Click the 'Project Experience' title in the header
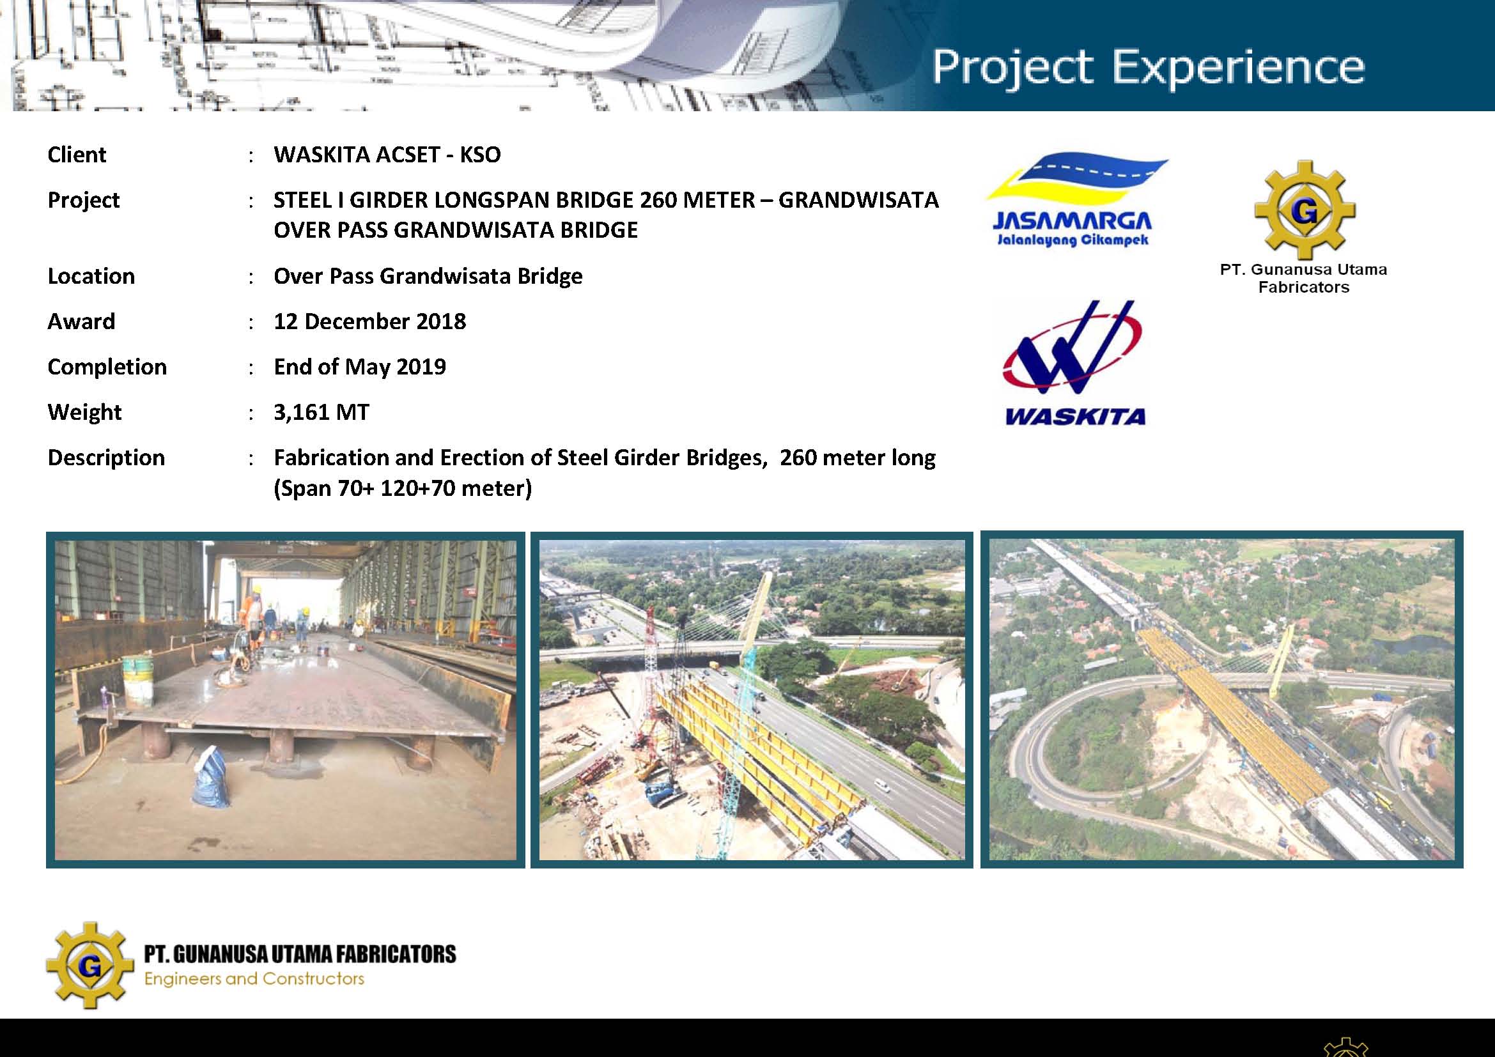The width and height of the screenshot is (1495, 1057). (1147, 67)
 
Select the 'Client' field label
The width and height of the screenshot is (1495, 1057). (77, 155)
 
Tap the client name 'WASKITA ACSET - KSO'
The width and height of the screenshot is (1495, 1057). (387, 155)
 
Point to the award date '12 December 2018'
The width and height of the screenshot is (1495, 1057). (370, 321)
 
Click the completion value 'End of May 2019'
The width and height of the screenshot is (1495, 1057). (360, 367)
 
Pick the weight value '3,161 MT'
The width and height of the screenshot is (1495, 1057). (321, 413)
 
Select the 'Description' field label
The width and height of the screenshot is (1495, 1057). (106, 458)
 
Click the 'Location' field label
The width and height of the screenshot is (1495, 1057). (91, 276)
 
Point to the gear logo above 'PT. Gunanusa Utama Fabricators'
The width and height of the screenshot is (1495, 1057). (1305, 210)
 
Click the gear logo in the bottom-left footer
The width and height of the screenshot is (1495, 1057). (90, 966)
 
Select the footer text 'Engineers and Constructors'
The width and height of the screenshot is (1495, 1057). (254, 979)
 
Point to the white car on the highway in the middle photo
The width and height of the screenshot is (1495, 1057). (881, 785)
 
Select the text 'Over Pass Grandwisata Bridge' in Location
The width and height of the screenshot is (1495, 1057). (428, 276)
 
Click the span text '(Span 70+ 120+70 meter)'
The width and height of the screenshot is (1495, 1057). (403, 488)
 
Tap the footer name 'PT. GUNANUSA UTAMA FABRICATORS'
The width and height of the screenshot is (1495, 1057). (300, 954)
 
